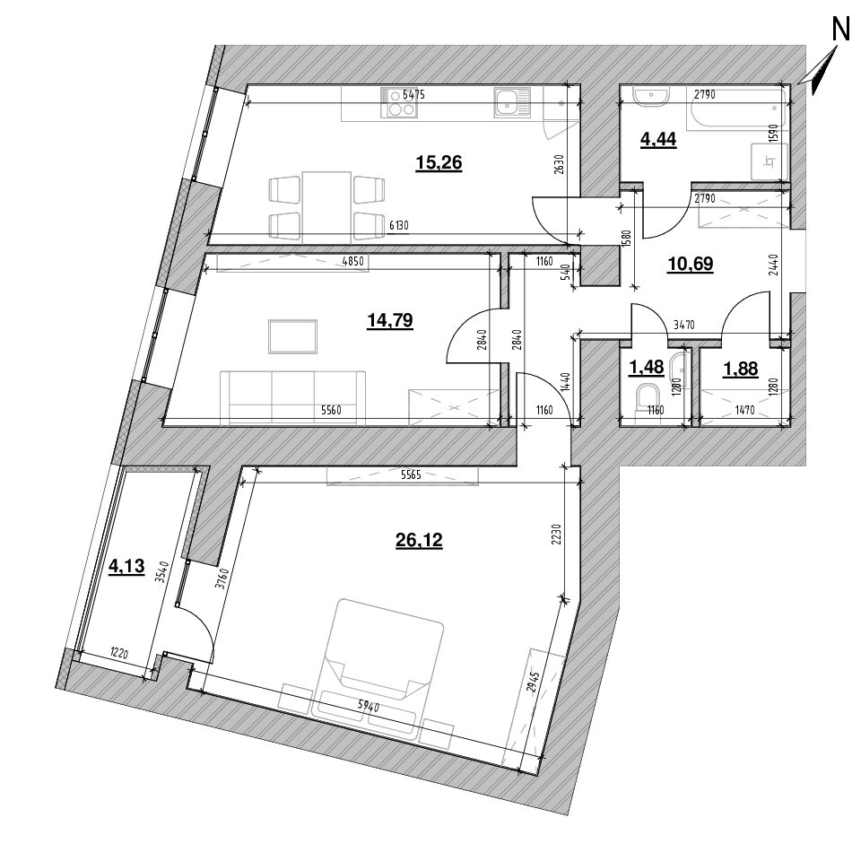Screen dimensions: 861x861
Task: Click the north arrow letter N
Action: click(840, 30)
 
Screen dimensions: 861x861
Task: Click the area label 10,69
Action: click(691, 263)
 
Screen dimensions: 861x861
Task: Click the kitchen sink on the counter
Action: click(510, 103)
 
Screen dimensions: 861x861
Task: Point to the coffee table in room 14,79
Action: click(292, 336)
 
